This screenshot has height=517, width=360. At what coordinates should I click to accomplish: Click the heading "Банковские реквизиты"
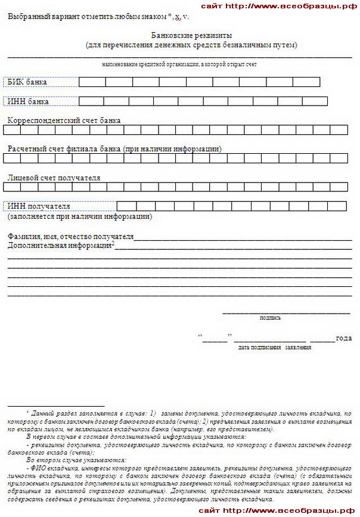[x=191, y=36]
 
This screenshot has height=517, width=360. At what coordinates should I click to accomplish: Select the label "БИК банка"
[x=27, y=82]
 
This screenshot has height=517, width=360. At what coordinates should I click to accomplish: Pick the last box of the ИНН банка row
[x=319, y=101]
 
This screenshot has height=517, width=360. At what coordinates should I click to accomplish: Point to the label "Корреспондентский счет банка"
[x=64, y=120]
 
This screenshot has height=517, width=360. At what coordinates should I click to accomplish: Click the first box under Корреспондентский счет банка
[x=15, y=130]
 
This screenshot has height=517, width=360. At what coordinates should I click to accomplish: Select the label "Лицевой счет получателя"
[x=54, y=178]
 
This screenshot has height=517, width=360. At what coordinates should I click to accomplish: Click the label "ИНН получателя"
[x=39, y=206]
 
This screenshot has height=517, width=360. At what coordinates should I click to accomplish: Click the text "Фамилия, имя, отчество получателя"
[x=70, y=236]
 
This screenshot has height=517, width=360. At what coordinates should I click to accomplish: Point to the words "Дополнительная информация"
[x=60, y=245]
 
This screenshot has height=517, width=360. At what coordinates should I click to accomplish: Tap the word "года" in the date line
[x=343, y=338]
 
